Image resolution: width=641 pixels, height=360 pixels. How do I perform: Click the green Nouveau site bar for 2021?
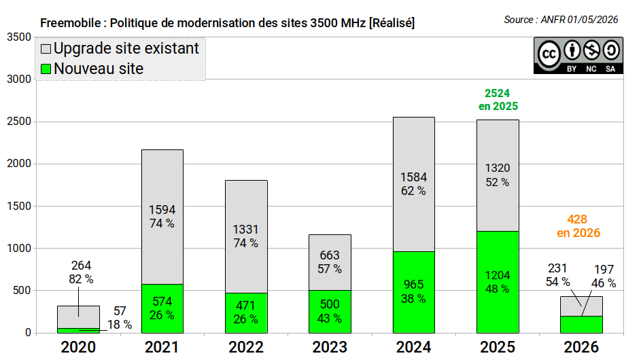(162, 308)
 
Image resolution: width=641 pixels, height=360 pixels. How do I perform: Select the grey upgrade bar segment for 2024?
(414, 184)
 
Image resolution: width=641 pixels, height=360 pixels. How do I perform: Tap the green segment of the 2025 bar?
(498, 282)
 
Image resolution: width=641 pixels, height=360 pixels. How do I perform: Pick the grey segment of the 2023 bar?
(330, 262)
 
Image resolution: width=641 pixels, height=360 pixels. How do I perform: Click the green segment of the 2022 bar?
(246, 313)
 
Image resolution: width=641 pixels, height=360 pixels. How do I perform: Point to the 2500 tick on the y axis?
(19, 122)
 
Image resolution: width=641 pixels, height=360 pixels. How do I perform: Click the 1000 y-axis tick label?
(19, 248)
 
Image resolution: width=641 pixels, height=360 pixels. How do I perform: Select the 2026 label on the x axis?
(581, 347)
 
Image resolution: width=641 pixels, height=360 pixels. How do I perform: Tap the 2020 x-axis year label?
(78, 347)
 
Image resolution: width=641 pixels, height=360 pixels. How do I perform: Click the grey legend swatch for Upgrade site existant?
(46, 49)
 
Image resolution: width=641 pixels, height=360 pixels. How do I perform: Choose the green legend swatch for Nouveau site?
(46, 69)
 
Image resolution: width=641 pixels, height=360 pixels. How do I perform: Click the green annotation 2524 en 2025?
(498, 100)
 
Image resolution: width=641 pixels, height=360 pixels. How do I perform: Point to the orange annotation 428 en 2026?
(578, 226)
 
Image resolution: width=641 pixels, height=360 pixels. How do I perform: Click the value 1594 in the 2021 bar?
(162, 210)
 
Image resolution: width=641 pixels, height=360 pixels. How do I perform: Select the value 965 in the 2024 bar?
(414, 285)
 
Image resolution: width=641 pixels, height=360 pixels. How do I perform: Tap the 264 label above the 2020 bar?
(81, 266)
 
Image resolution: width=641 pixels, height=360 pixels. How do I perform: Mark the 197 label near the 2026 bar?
(604, 270)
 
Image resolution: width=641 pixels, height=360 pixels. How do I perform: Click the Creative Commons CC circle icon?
(549, 54)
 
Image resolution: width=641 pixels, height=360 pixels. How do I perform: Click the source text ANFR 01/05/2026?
(579, 20)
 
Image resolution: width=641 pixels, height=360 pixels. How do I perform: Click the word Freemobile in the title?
(70, 23)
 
